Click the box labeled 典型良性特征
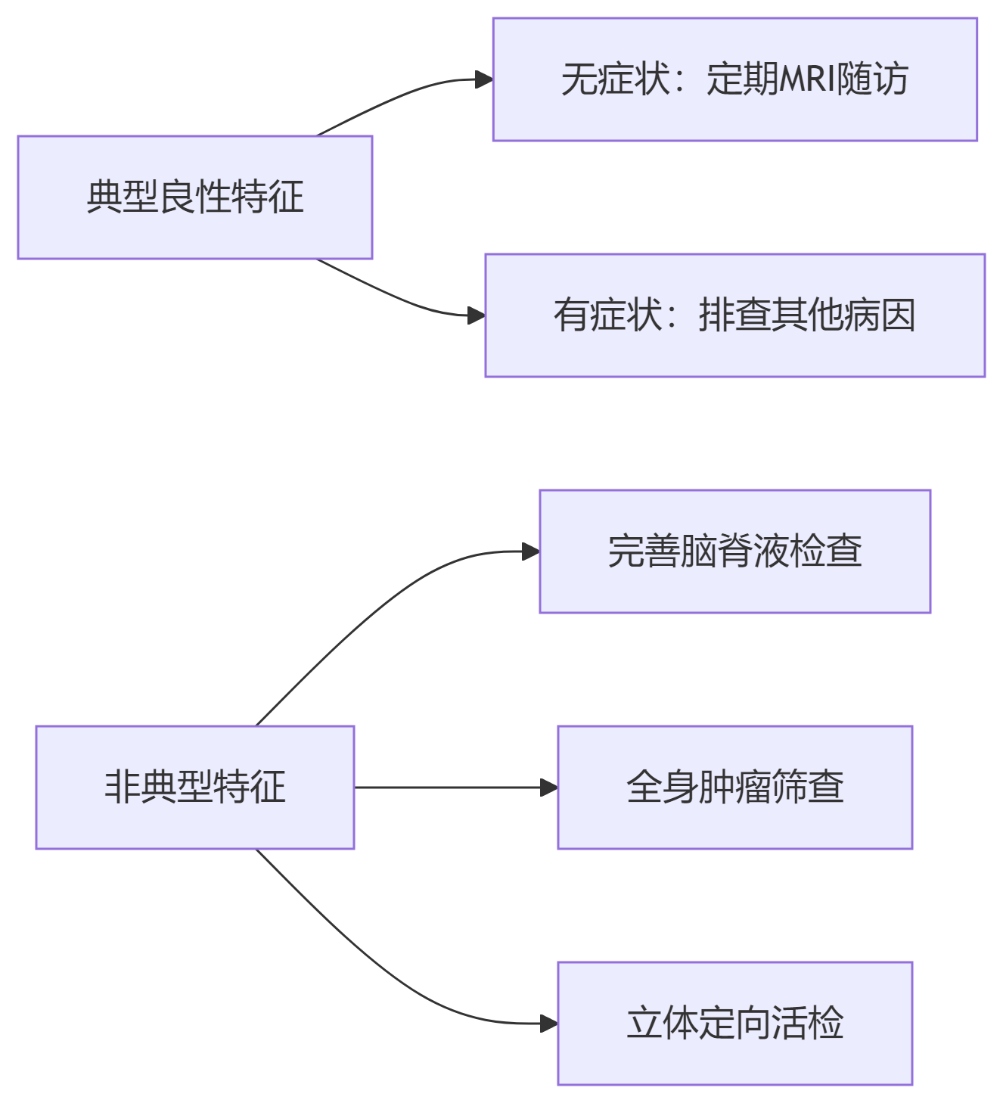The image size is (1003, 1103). pyautogui.click(x=194, y=197)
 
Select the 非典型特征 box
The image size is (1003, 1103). pyautogui.click(x=194, y=788)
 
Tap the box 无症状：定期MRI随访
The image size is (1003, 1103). pyautogui.click(x=734, y=79)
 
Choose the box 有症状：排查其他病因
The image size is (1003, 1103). pyautogui.click(x=734, y=315)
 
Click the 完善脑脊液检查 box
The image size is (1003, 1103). pyautogui.click(x=734, y=551)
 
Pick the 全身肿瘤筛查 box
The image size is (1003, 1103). pyautogui.click(x=734, y=788)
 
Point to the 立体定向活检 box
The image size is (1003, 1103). pyautogui.click(x=734, y=1024)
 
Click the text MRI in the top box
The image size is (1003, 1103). pyautogui.click(x=807, y=79)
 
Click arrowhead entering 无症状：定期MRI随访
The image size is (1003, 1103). pyautogui.click(x=483, y=79)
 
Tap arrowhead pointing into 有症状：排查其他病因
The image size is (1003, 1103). pyautogui.click(x=476, y=315)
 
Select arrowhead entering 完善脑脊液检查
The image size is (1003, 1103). pyautogui.click(x=530, y=551)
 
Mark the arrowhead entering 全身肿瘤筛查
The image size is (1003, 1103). pyautogui.click(x=548, y=788)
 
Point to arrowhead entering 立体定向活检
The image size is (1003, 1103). pyautogui.click(x=548, y=1024)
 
